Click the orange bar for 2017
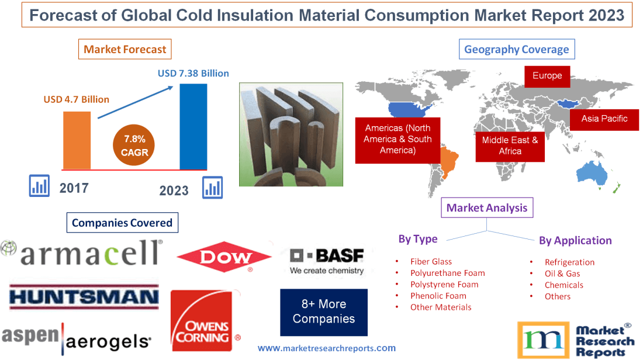(x=77, y=140)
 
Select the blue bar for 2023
(x=193, y=126)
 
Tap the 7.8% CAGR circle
(x=135, y=146)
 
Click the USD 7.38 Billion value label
(x=193, y=74)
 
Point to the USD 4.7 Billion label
(x=76, y=99)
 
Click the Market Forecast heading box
(x=125, y=50)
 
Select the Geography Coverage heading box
(x=516, y=50)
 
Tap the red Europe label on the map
(x=547, y=76)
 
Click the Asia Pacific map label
(x=604, y=119)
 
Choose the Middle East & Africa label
(x=510, y=146)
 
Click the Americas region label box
(x=397, y=140)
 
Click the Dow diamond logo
(x=224, y=257)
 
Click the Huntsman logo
(x=84, y=297)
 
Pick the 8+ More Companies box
(x=323, y=311)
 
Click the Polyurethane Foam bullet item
(x=447, y=273)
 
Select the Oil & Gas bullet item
(x=562, y=274)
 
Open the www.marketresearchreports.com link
(x=326, y=348)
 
